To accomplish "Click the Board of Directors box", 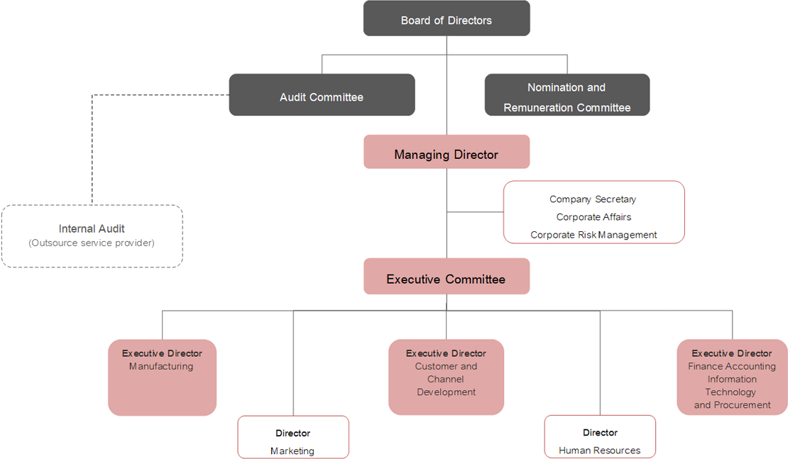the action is click(447, 18).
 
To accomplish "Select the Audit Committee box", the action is click(322, 95).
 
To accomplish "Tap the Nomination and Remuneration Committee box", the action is click(567, 95).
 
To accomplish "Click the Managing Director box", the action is click(447, 152).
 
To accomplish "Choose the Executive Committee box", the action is click(447, 276).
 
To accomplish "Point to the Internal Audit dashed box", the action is click(92, 236).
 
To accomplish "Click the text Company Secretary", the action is click(593, 199).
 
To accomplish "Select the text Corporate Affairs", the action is click(593, 217).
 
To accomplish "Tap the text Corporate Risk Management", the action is click(593, 235).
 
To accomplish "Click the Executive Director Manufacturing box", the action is click(163, 377).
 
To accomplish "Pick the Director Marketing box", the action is click(293, 437).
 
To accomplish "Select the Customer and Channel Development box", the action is click(447, 377).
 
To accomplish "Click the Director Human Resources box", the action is click(600, 436).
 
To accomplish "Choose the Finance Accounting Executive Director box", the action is click(732, 377).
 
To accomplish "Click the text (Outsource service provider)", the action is click(92, 243).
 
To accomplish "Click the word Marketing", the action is click(292, 451).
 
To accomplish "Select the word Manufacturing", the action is click(161, 367).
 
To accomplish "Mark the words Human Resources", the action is click(600, 450).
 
